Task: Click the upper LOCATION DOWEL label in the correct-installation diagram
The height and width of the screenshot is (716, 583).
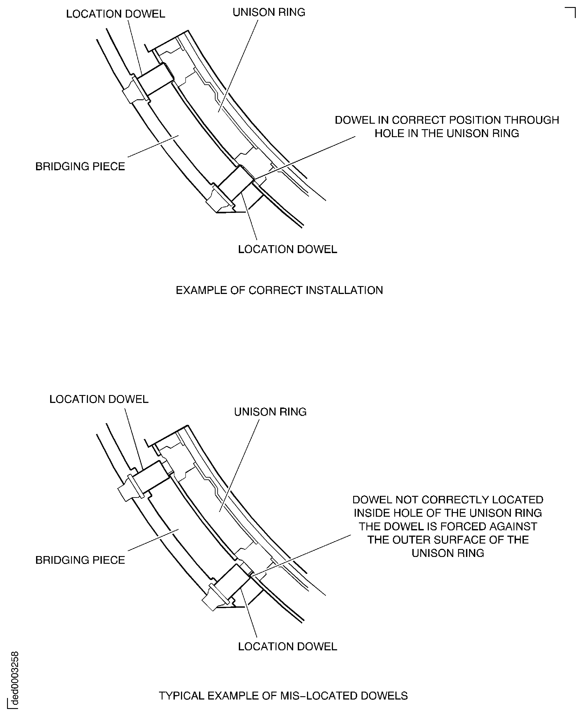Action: pyautogui.click(x=115, y=14)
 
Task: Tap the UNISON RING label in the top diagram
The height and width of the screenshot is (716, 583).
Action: pyautogui.click(x=269, y=13)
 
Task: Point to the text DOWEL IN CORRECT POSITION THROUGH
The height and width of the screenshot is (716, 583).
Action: pyautogui.click(x=447, y=120)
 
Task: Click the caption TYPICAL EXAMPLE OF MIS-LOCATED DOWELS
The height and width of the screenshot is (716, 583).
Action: pyautogui.click(x=283, y=696)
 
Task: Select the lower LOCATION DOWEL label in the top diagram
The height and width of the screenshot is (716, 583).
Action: pyautogui.click(x=287, y=249)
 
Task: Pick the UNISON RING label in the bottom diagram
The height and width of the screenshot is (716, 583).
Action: pyautogui.click(x=270, y=412)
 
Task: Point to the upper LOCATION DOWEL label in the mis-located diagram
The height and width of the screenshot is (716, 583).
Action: pyautogui.click(x=99, y=399)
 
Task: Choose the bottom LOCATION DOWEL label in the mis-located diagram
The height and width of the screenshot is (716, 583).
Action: pyautogui.click(x=287, y=647)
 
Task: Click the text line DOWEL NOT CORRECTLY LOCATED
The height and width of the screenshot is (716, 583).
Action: pyautogui.click(x=448, y=500)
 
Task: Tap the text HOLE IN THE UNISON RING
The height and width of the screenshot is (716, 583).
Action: pyautogui.click(x=447, y=134)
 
